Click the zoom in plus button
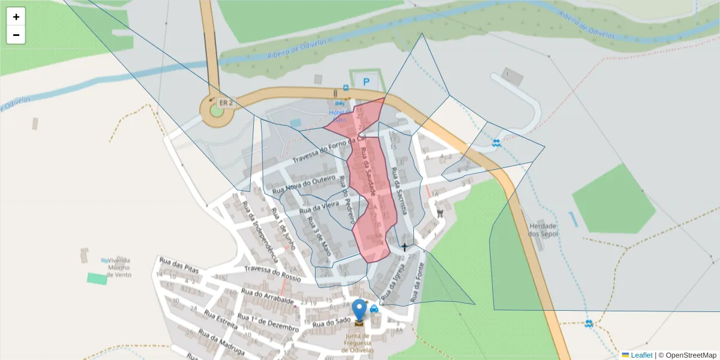tap(16, 17)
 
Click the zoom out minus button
tap(16, 35)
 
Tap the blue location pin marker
tap(359, 310)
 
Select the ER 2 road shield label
tap(226, 103)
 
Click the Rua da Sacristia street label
tap(398, 190)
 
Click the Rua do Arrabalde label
tap(268, 296)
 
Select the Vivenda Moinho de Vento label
tap(119, 268)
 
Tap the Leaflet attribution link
tap(641, 355)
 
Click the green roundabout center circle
tap(217, 111)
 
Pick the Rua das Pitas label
tap(179, 265)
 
